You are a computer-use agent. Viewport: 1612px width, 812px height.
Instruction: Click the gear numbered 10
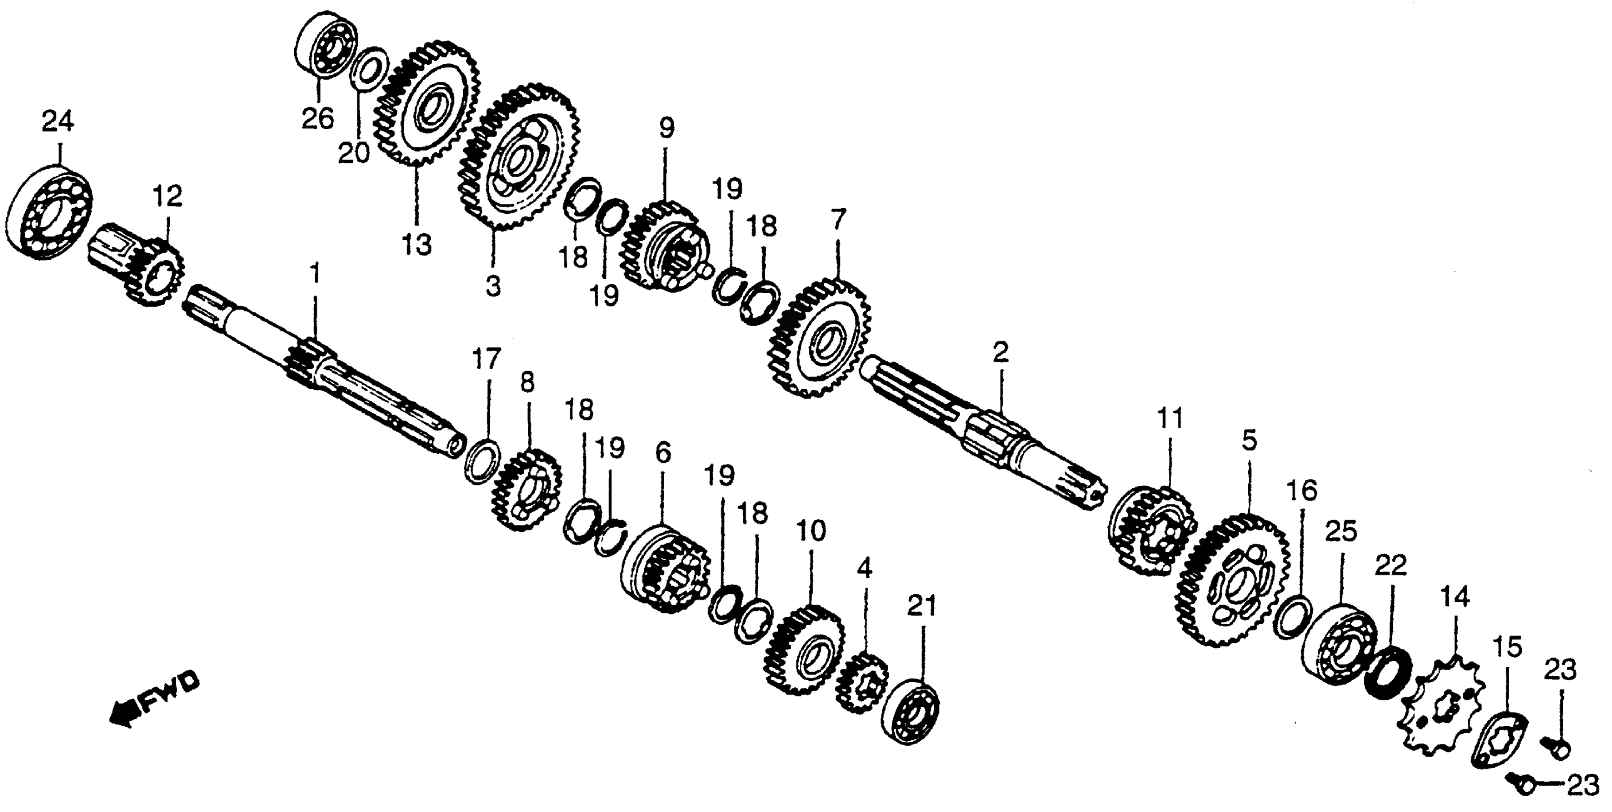click(804, 651)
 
